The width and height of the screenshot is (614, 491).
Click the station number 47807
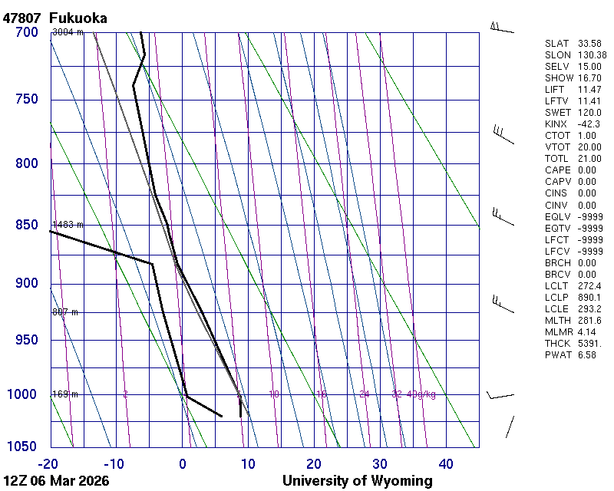[22, 18]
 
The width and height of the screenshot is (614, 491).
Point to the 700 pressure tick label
[25, 32]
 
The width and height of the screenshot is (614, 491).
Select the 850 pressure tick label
[25, 225]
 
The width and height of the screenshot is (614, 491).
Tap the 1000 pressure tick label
[22, 394]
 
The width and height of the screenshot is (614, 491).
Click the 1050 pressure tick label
[22, 447]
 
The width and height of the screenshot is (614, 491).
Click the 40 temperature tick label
[446, 463]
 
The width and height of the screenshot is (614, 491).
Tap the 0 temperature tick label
[183, 463]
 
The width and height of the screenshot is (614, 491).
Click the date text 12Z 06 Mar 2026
[56, 481]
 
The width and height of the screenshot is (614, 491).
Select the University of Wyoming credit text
[357, 481]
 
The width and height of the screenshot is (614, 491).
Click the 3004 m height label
[67, 32]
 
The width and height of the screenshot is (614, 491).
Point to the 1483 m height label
[67, 225]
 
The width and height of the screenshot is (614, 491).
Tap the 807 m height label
[65, 312]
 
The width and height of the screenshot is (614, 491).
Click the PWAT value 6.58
[587, 356]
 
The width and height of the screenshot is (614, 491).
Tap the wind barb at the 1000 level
[500, 396]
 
